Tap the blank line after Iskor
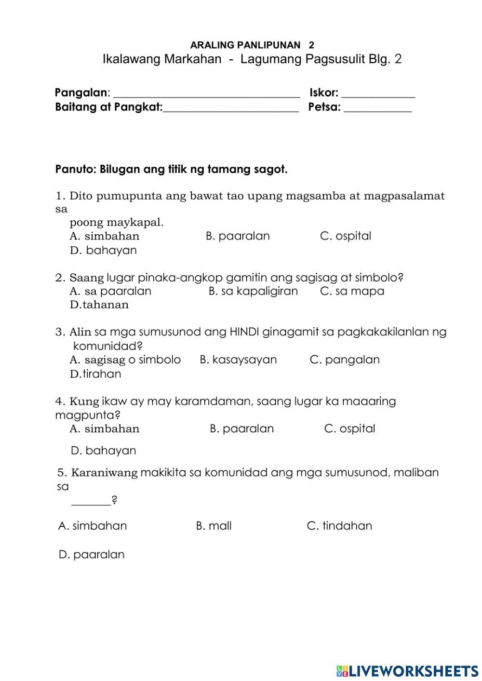point(378,94)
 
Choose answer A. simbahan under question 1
point(105,236)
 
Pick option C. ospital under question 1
point(346,236)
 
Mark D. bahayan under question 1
point(103,250)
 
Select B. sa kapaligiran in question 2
point(253,291)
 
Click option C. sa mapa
point(352,291)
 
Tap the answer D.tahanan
point(99,305)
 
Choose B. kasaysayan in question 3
point(238,360)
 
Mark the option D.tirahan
point(95,374)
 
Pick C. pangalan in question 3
point(345,360)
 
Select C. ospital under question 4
point(349,428)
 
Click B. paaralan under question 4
point(241,428)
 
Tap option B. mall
point(214,526)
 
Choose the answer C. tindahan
point(339,526)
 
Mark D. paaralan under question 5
point(92,554)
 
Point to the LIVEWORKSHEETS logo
point(407,670)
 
